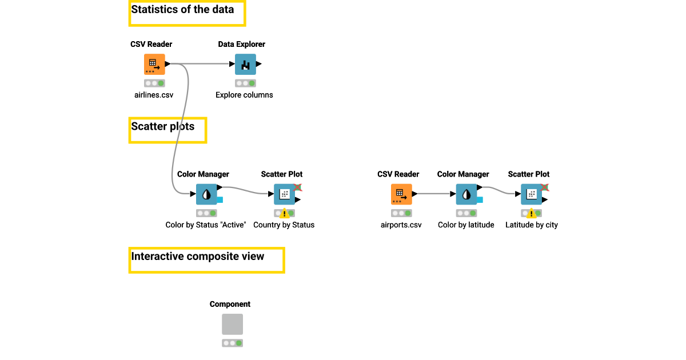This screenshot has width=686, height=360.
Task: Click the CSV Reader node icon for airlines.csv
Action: coord(154,65)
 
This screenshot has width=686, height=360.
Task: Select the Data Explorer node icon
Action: coord(245,65)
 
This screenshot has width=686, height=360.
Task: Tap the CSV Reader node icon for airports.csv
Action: coord(401,194)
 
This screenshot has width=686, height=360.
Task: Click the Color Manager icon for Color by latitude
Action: coord(466,194)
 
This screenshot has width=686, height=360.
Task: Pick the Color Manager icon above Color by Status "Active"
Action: coord(206,194)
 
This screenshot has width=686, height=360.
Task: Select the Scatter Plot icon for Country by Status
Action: coord(284,194)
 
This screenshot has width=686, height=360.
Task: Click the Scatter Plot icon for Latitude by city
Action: coord(531,194)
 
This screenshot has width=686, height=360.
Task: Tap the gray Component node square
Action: coord(232,324)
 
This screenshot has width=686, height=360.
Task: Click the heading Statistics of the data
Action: coord(182,10)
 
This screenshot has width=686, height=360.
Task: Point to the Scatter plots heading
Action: coord(163,127)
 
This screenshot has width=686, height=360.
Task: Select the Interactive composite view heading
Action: coord(198,257)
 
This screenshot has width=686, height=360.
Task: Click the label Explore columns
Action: coord(244,95)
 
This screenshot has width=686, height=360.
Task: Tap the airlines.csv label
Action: coord(154,95)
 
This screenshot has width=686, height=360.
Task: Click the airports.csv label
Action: coord(401,225)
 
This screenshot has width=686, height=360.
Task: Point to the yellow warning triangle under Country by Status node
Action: coord(284,214)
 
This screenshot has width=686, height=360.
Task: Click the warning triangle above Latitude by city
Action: coord(531,214)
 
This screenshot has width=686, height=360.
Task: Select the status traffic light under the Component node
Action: coord(232,343)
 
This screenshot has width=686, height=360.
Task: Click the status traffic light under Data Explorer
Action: coord(245,83)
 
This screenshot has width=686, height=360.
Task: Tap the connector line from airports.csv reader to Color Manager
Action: coord(434,194)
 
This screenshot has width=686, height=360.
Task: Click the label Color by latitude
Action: coord(466,225)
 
